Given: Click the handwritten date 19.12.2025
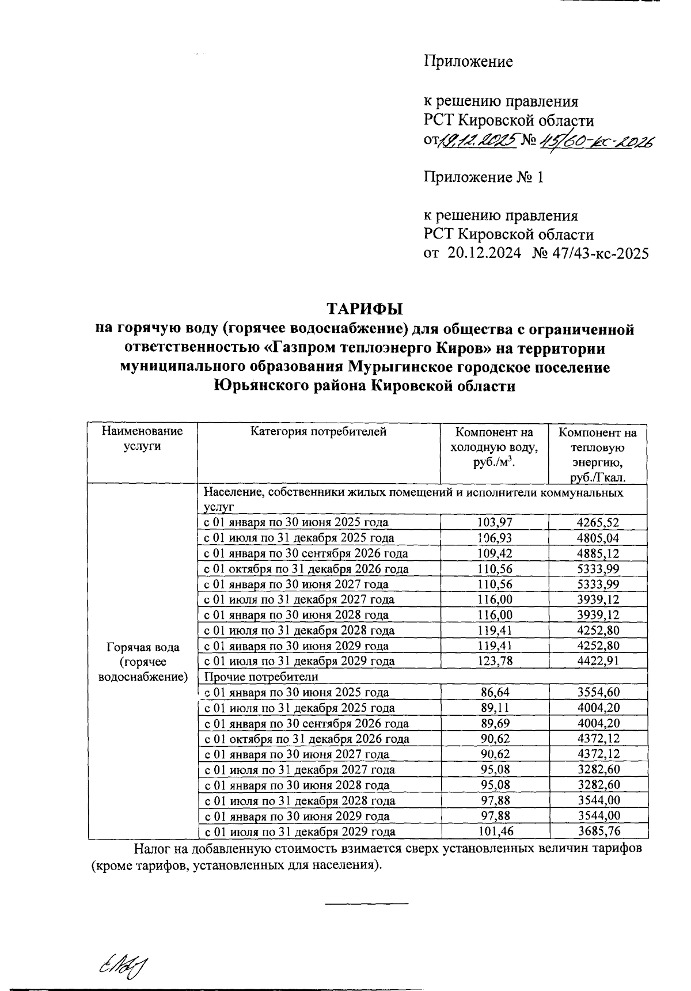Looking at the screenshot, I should click(479, 141).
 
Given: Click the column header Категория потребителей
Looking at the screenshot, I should click(318, 432).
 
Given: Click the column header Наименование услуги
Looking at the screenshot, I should click(142, 439).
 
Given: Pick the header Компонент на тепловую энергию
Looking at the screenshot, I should click(598, 454).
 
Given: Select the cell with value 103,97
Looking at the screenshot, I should click(495, 523).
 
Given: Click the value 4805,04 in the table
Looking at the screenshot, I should click(598, 538).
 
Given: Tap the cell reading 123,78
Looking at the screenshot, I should click(495, 662).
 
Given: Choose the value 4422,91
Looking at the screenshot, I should click(598, 662).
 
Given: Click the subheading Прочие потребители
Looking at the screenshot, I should click(261, 677).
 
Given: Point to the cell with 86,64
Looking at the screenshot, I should click(495, 693).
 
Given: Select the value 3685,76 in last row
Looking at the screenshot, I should click(598, 831).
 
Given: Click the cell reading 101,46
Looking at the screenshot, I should click(495, 831).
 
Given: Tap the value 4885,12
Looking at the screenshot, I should click(598, 554).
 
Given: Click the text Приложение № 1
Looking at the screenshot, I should click(484, 177).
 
